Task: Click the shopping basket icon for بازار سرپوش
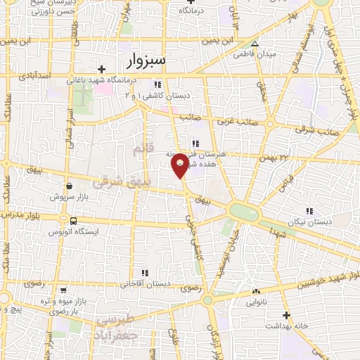[x=70, y=187]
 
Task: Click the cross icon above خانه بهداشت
[x=286, y=316]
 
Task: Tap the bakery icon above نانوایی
[x=256, y=292]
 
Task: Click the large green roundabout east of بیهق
[x=244, y=212]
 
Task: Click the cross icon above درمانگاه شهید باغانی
[x=103, y=69]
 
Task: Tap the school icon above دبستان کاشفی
[x=167, y=85]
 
